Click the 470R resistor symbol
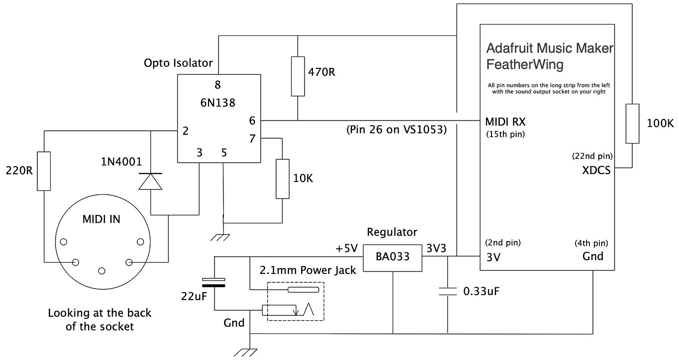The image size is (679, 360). [x=298, y=76]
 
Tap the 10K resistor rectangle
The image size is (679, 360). [x=282, y=179]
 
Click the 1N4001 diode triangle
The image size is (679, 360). [x=151, y=181]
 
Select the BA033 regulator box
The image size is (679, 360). [x=392, y=257]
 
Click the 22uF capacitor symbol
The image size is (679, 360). [x=214, y=282]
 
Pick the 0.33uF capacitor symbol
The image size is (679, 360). [x=447, y=291]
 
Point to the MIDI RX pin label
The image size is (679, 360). [x=505, y=121]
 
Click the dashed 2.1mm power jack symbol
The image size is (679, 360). [x=295, y=301]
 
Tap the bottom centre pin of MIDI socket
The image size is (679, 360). [x=102, y=271]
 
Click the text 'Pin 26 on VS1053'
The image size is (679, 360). [x=397, y=130]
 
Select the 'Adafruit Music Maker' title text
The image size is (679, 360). [x=550, y=48]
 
